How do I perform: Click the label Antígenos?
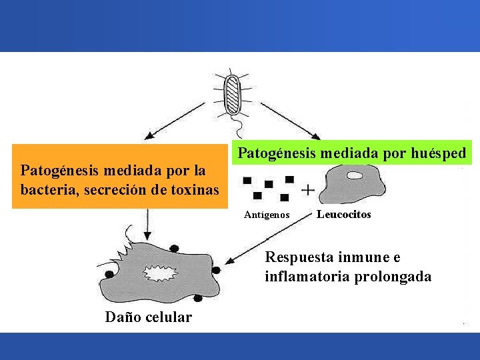coord(267,215)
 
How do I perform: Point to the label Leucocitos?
coord(343,214)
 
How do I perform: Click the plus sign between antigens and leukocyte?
coord(308,190)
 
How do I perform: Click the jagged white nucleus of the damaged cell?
coord(158,274)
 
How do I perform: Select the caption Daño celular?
coord(148,317)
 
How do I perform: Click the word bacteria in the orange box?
coord(43,190)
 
